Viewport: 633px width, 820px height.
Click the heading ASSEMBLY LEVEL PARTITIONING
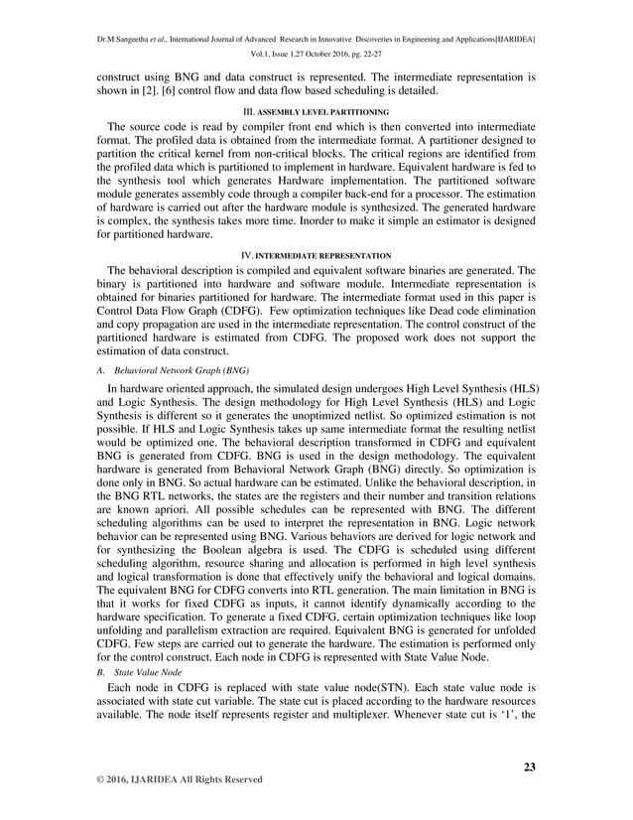click(322, 111)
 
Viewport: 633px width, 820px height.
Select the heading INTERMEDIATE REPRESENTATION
click(323, 255)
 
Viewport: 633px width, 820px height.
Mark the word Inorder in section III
click(353, 221)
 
